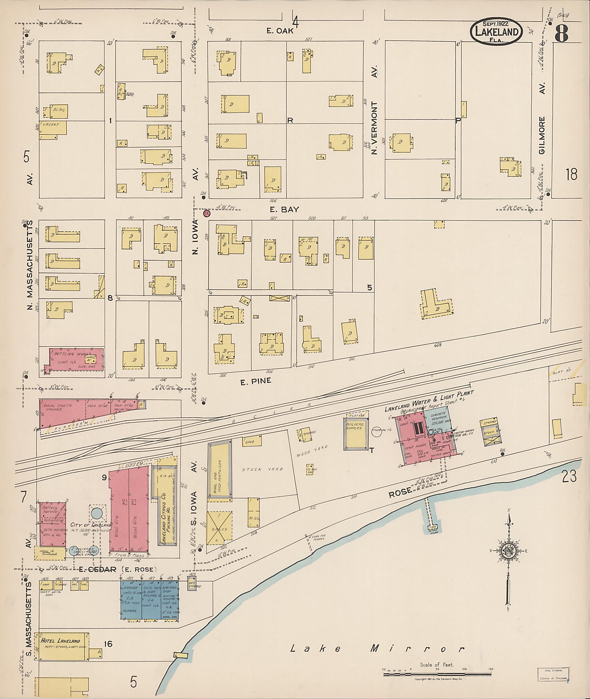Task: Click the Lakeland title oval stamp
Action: point(496,32)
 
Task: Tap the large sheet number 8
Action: point(561,33)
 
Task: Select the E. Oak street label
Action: point(280,31)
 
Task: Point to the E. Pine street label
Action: point(256,381)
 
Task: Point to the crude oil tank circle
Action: point(377,433)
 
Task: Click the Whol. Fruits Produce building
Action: point(62,413)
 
